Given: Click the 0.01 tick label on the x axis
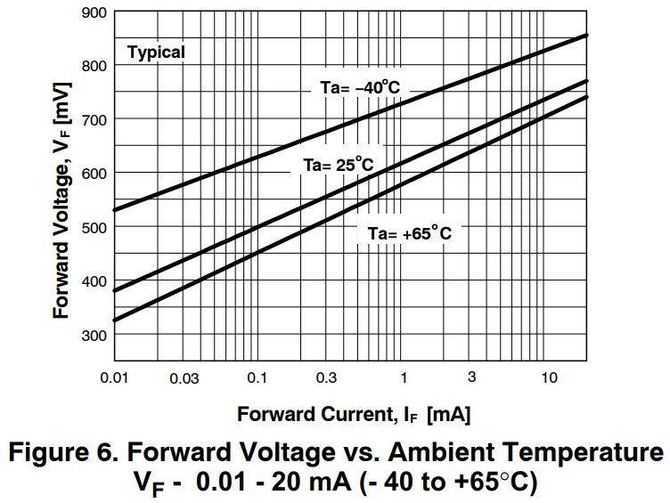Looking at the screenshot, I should point(114,377).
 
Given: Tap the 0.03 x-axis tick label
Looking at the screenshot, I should point(184,378).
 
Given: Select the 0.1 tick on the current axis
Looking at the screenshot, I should point(257,377).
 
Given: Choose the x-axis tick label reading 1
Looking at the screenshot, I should point(403,377).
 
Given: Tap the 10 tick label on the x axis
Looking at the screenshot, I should point(549,377).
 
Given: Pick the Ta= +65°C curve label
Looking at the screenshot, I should point(410,233).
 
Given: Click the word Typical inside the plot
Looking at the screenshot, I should point(156,53).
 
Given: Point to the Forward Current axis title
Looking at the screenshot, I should point(354,415).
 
